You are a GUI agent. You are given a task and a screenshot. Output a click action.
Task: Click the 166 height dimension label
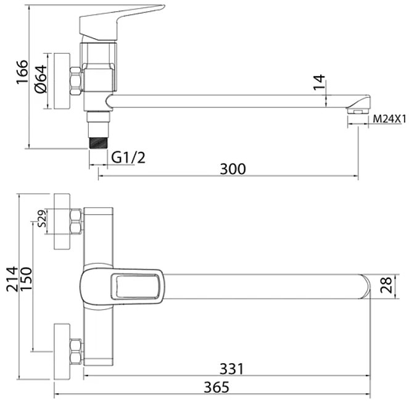(22, 72)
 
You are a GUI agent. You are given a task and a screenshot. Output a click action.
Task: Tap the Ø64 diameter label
(41, 79)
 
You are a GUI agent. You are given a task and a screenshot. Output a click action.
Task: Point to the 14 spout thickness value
(319, 82)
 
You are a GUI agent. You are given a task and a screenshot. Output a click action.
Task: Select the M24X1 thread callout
(390, 119)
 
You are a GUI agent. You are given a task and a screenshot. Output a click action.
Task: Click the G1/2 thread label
(128, 157)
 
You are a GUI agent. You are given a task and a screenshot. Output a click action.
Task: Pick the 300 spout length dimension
(233, 169)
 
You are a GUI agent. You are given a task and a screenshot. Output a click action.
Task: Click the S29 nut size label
(42, 218)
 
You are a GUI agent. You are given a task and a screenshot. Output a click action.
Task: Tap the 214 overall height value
(12, 279)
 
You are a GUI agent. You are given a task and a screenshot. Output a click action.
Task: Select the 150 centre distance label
(26, 279)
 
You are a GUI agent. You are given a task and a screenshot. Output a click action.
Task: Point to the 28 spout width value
(386, 285)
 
